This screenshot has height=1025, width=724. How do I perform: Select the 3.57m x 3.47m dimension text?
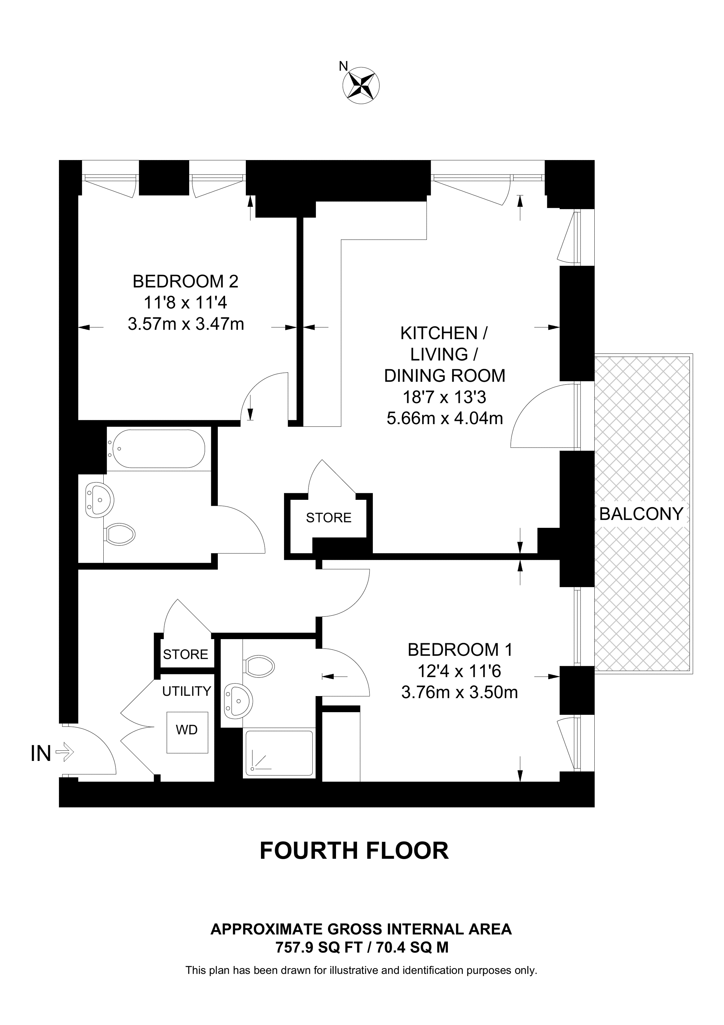[x=186, y=324]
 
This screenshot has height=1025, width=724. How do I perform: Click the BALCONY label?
[x=641, y=514]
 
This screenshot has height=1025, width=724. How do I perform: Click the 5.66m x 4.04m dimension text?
[x=444, y=418]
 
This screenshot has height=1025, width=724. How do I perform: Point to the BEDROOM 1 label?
[x=460, y=650]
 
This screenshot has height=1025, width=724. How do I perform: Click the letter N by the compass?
[x=343, y=66]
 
